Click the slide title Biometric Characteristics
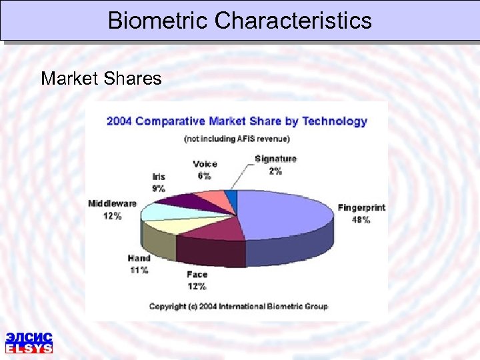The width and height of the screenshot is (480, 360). (240, 20)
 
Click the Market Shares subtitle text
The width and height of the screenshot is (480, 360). (101, 79)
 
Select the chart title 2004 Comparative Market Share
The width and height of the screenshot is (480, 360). (237, 121)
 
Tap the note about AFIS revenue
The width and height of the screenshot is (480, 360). (237, 139)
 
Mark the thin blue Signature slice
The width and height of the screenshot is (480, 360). (231, 195)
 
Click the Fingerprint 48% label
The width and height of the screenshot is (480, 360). (361, 213)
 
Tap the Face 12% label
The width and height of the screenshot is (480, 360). (197, 280)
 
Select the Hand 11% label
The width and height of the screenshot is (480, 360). (139, 264)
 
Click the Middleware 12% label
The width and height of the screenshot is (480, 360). (112, 209)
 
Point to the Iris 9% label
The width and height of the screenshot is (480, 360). (159, 182)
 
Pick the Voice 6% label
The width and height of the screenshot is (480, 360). (205, 170)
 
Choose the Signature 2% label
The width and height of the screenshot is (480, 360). (275, 164)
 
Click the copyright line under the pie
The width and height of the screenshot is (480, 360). (238, 307)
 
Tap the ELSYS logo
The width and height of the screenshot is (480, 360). (29, 342)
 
